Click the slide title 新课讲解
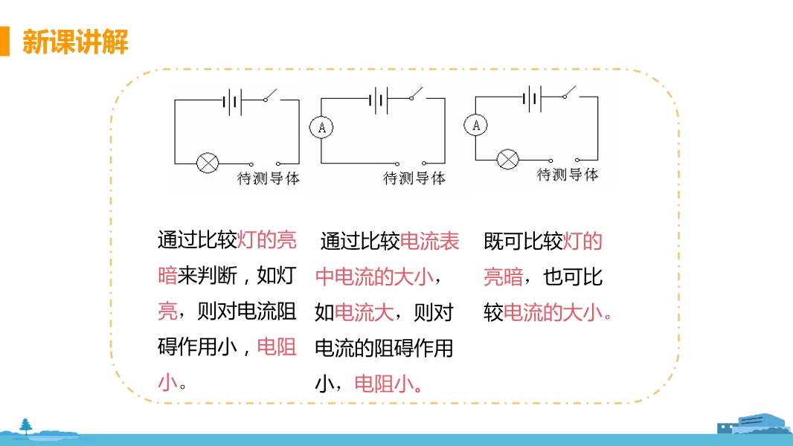pos(75,42)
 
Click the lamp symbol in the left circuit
pos(206,163)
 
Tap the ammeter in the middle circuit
pos(321,128)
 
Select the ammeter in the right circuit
pos(476,126)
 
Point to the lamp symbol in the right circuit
pos(507,158)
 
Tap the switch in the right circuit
pos(571,92)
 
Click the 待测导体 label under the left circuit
pos(269,179)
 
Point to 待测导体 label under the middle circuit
pos(414,178)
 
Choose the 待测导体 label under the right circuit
pos(568,175)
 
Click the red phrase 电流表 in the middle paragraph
pos(430,241)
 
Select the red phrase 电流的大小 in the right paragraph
pos(553,313)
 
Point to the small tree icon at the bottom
pos(27,426)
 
